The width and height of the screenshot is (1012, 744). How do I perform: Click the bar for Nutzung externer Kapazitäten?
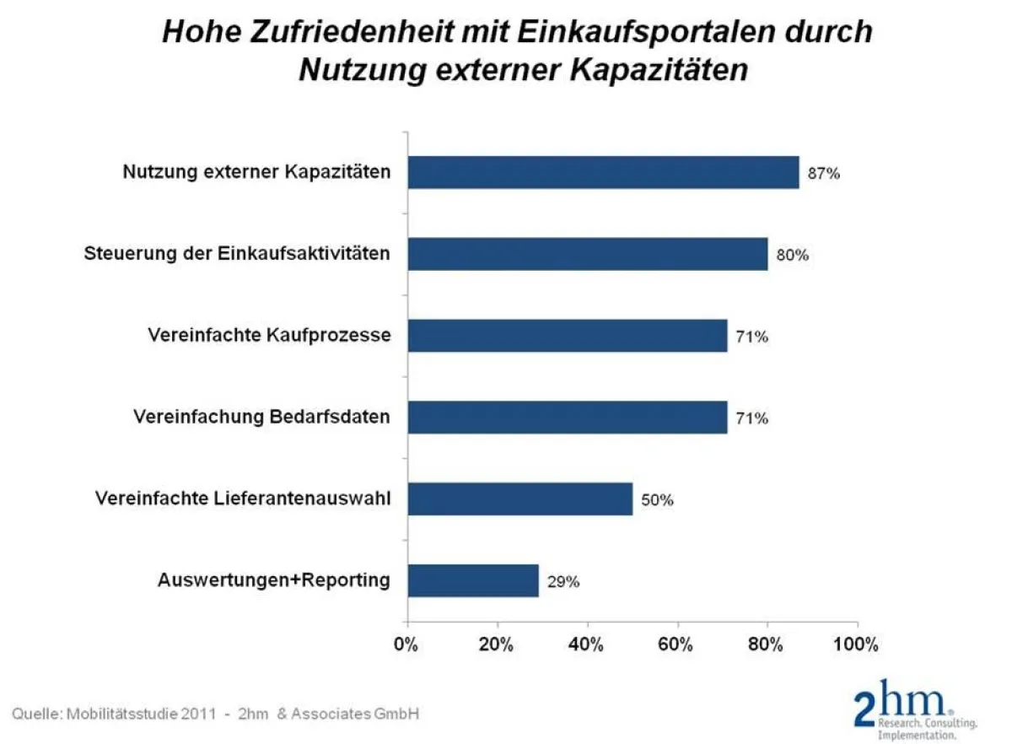coord(603,172)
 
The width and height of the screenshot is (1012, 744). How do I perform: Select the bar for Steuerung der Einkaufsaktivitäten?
coord(588,254)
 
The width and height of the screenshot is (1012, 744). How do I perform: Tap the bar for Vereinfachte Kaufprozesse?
coord(568,335)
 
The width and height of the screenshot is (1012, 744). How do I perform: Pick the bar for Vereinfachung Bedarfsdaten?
coord(568,417)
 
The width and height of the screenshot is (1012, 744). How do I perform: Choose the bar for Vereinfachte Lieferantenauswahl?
coord(520,499)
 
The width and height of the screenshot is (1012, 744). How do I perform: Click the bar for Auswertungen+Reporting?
coord(473,580)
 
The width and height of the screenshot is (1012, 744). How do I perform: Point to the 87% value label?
coord(824,175)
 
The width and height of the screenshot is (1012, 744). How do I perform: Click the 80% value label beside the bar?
coord(792,256)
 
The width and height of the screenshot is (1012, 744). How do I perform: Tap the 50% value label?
coord(657,500)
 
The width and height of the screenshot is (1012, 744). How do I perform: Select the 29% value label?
coord(563,582)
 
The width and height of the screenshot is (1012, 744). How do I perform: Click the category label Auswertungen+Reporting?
coord(274,580)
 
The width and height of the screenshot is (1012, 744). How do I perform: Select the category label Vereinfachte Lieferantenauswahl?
coord(243,499)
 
